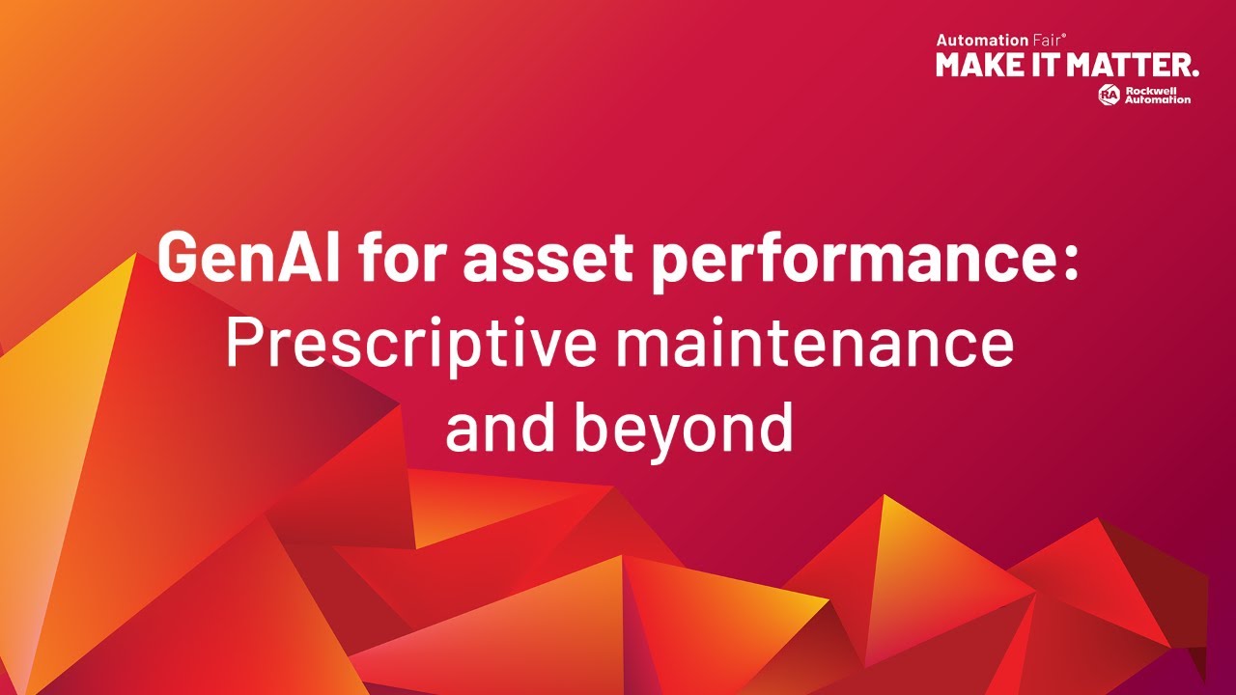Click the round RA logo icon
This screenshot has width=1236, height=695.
pos(1109,94)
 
